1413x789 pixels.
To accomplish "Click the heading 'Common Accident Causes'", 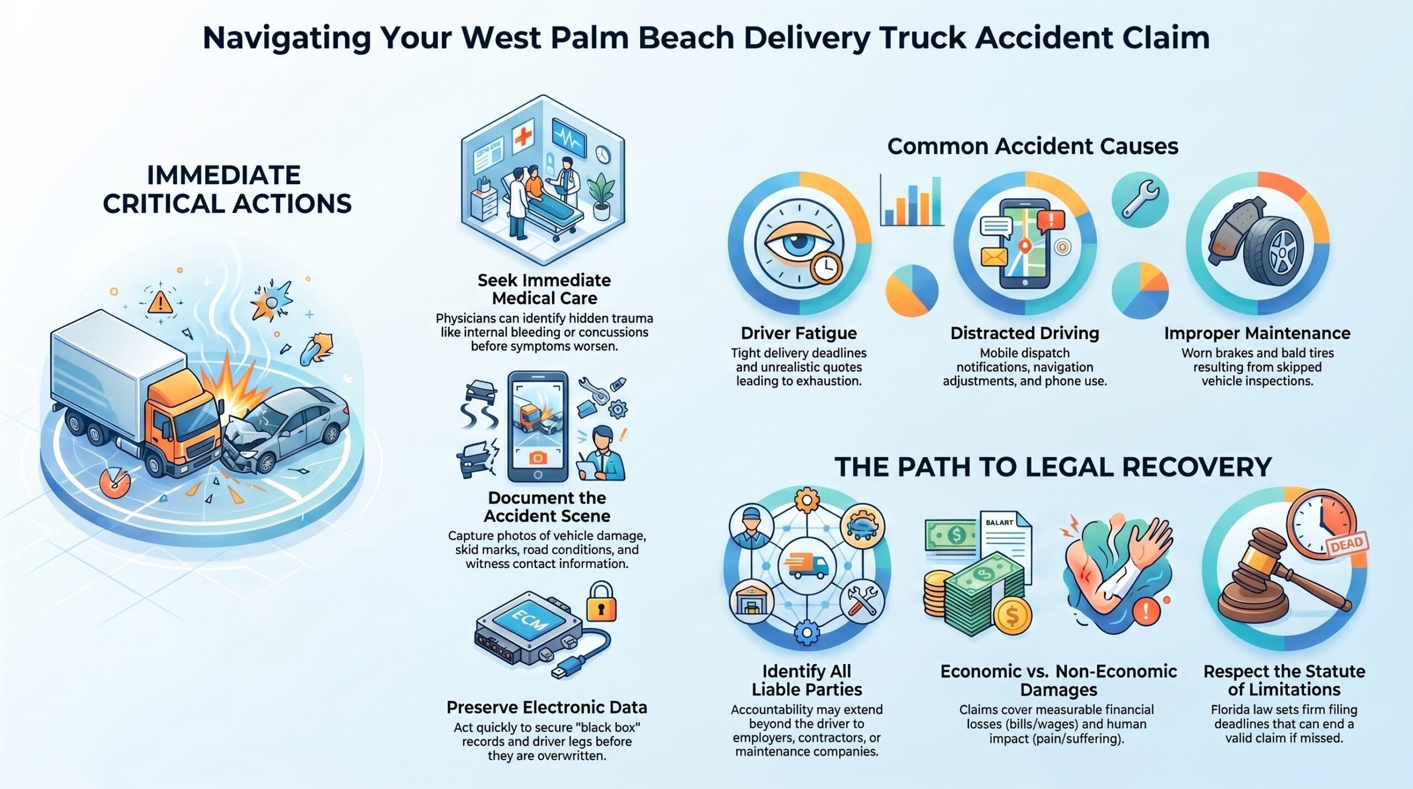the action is tap(1033, 146).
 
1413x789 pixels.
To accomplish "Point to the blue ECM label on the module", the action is tap(530, 623).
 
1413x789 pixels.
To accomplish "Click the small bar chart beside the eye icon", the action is tap(912, 202).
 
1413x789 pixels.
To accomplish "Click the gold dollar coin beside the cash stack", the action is tap(1012, 616).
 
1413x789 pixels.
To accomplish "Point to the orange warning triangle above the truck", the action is tap(160, 302).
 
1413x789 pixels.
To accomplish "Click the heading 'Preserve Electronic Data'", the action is tap(546, 707).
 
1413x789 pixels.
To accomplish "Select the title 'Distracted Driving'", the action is tap(1024, 333).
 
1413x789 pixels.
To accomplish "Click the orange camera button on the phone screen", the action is tap(538, 458).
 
